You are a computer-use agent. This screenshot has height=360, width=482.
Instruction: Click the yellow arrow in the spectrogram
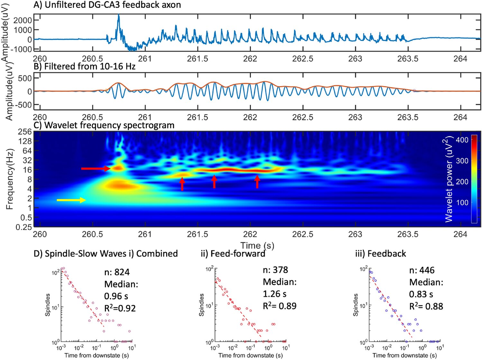pos(71,200)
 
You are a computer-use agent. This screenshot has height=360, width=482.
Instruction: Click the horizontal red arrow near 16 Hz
pos(95,168)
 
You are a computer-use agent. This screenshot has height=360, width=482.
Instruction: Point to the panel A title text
pos(107,5)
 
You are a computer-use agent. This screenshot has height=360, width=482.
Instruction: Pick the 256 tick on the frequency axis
pos(25,132)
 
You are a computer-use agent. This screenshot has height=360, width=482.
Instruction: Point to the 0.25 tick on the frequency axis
pos(24,227)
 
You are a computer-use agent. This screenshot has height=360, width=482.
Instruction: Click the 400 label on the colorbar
pos(462,140)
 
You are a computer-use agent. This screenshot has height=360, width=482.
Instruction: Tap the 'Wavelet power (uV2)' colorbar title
pos(449,179)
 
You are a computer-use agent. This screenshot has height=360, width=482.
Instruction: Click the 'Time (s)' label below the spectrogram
pos(257,246)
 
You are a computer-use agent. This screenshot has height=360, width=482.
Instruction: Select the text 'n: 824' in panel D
pos(117,272)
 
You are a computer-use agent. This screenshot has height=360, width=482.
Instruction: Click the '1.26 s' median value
pos(275,294)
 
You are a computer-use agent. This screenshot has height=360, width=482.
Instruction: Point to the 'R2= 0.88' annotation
pos(426,306)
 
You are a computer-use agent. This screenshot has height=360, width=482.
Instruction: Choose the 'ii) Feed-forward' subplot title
pos(233,254)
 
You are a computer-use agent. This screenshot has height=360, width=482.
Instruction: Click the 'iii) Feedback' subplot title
pos(380,254)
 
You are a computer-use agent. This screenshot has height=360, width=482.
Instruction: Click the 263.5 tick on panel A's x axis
pos(408,59)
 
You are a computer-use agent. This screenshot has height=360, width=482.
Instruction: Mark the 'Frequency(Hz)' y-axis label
pos(10,179)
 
